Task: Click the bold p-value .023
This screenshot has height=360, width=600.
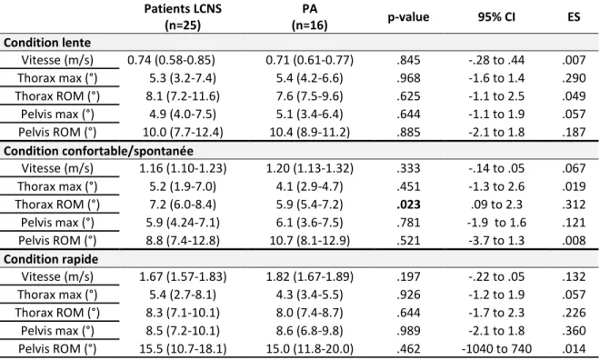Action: [408, 205]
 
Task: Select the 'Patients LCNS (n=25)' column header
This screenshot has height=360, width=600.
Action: [183, 17]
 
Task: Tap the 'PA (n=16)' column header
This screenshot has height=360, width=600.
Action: [309, 17]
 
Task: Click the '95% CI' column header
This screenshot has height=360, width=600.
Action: [496, 17]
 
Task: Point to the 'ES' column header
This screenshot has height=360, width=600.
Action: [574, 17]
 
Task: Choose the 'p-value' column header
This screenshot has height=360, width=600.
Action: [408, 17]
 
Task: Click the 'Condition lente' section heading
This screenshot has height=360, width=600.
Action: [47, 42]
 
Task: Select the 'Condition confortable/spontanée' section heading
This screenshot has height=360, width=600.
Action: [98, 151]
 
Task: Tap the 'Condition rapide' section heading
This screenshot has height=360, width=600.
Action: [51, 259]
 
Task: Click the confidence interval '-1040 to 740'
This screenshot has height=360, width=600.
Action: [496, 348]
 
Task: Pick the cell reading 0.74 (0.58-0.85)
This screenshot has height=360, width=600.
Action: [171, 60]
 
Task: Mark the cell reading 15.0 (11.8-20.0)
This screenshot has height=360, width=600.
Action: [310, 348]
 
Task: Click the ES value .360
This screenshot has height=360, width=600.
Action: [574, 331]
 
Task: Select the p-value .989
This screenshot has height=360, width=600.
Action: [408, 331]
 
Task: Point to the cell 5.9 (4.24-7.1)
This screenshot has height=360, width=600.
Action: [183, 223]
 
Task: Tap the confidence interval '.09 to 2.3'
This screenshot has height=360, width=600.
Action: [496, 205]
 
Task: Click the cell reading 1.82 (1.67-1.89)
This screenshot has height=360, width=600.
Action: [310, 276]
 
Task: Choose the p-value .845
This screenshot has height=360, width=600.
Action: [408, 60]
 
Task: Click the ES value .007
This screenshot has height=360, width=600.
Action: [574, 60]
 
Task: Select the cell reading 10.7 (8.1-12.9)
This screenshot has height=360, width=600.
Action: [310, 240]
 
